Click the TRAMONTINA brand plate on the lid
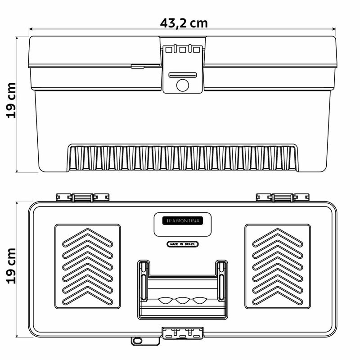pyautogui.click(x=182, y=220)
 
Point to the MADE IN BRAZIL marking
pyautogui.click(x=182, y=244)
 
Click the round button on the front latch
pyautogui.click(x=182, y=85)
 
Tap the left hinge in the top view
pyautogui.click(x=82, y=198)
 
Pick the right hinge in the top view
pyautogui.click(x=282, y=198)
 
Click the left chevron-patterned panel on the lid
pyautogui.click(x=88, y=266)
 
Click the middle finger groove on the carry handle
pyautogui.click(x=182, y=300)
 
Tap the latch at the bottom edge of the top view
pyautogui.click(x=182, y=333)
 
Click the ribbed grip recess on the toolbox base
pyautogui.click(x=182, y=158)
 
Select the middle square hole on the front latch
pyautogui.click(x=182, y=49)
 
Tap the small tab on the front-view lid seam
pyautogui.click(x=138, y=67)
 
